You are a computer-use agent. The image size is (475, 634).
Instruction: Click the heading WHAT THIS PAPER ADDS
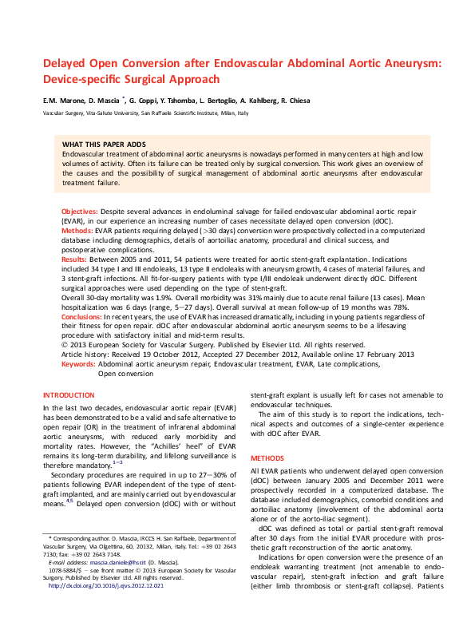[103, 144]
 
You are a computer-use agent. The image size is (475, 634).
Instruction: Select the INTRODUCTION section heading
[68, 395]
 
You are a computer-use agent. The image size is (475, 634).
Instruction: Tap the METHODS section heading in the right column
[267, 458]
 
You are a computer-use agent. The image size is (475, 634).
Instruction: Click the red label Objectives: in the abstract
[80, 211]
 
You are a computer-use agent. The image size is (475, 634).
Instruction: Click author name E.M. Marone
[64, 101]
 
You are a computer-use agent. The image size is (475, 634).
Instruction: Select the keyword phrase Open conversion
[127, 373]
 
